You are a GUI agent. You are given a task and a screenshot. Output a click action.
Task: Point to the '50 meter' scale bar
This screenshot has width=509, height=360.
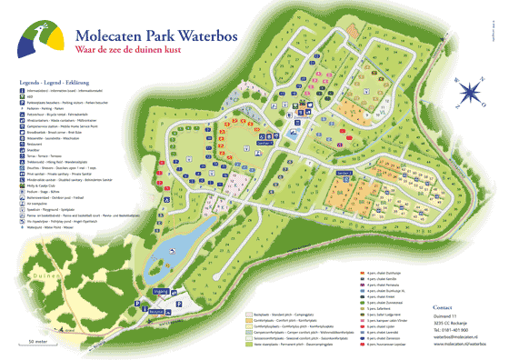click(x=36, y=342)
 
